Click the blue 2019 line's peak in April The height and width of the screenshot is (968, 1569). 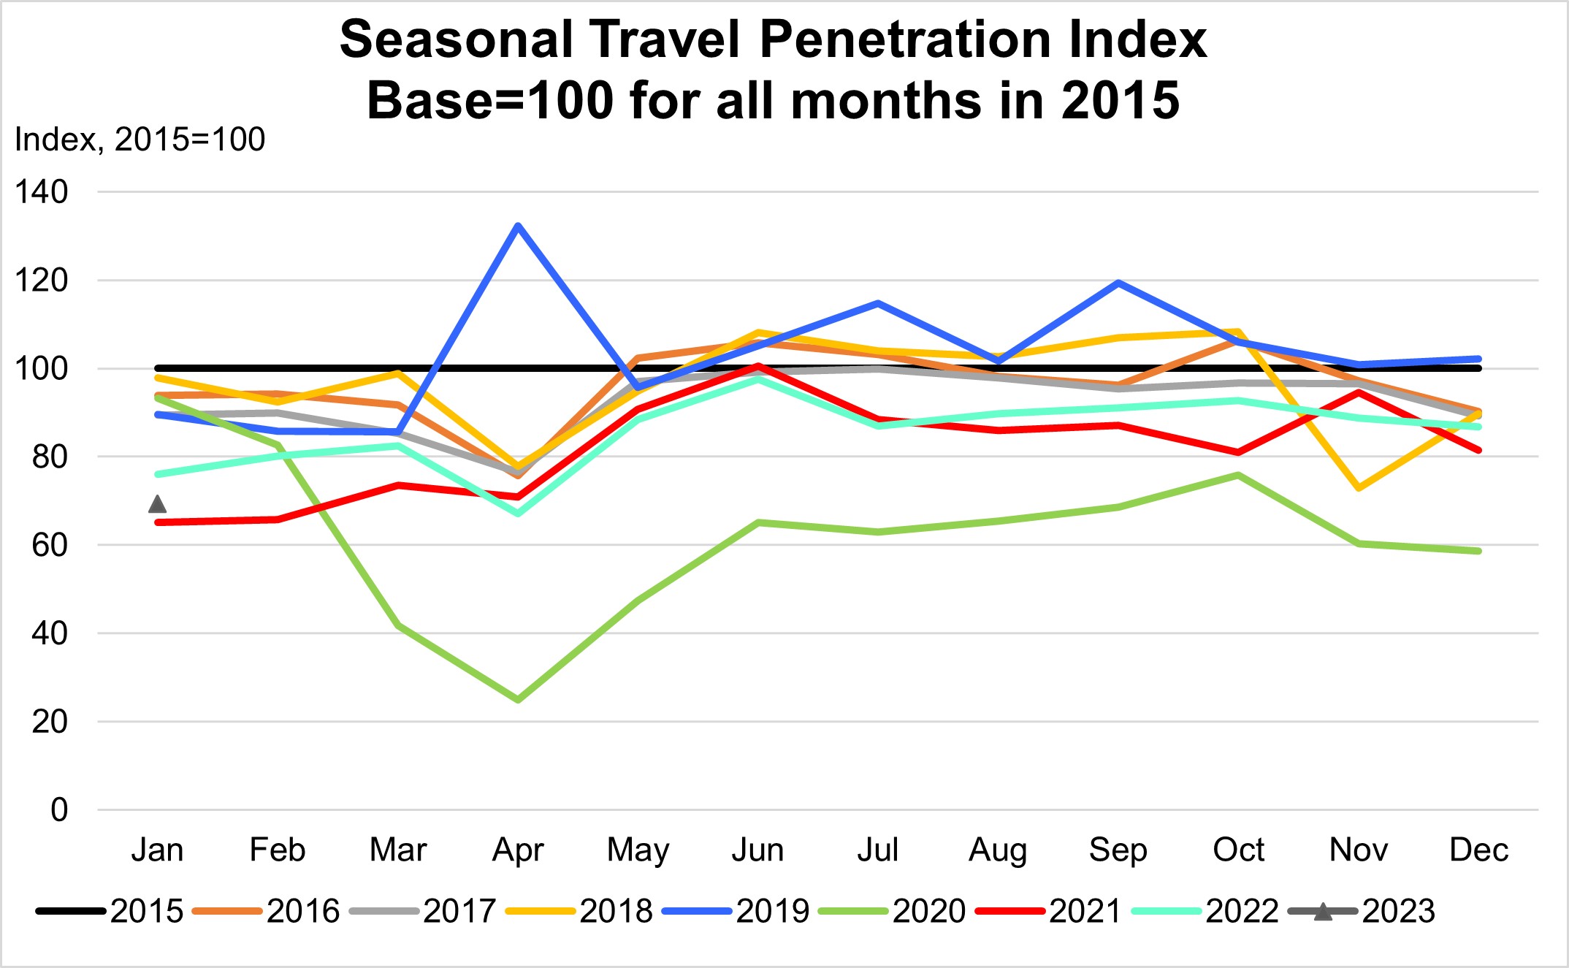click(x=518, y=226)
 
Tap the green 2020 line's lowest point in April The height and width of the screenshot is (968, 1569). click(x=518, y=700)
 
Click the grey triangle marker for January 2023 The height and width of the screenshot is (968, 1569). click(x=157, y=504)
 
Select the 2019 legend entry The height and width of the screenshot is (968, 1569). click(x=736, y=911)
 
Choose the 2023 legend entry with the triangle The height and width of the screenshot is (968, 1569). click(x=1362, y=911)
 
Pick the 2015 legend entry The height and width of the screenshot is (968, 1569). click(x=110, y=911)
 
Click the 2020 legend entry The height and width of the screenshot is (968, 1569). click(x=892, y=911)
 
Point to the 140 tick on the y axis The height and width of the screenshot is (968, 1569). click(x=42, y=192)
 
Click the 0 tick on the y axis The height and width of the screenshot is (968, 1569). click(x=59, y=810)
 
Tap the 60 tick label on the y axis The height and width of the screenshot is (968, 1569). click(x=50, y=545)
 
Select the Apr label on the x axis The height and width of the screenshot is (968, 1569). click(x=518, y=850)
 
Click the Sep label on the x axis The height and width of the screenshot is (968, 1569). click(x=1118, y=850)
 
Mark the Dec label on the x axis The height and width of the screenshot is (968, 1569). click(x=1478, y=850)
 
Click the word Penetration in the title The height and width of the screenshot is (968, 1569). click(x=905, y=39)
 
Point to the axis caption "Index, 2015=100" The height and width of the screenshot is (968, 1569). click(x=140, y=140)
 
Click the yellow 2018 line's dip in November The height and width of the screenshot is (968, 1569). click(x=1359, y=488)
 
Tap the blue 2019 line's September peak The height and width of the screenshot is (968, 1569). click(x=1118, y=283)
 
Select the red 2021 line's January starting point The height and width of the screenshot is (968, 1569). click(x=158, y=522)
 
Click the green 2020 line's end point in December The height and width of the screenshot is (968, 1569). click(x=1478, y=551)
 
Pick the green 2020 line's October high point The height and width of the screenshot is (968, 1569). click(x=1238, y=476)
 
